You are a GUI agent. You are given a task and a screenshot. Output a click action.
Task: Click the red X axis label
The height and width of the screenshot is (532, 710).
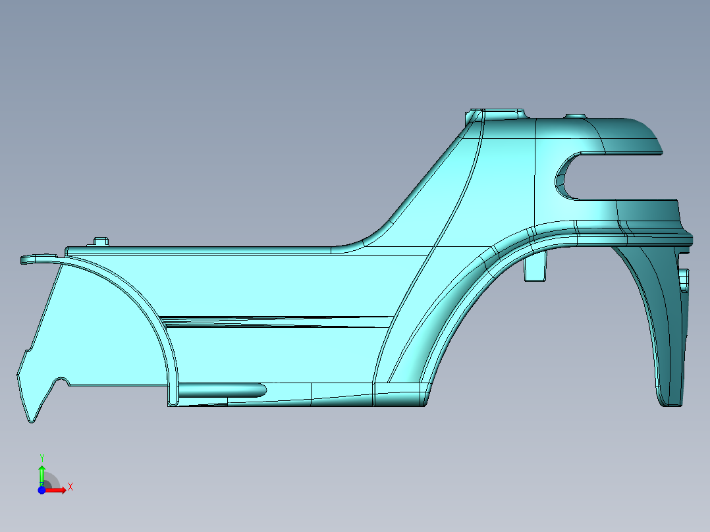pos(70,487)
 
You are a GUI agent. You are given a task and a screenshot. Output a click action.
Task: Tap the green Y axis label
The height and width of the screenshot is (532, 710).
pos(41,458)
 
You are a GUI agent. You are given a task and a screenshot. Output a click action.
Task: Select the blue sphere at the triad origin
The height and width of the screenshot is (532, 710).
pos(41,490)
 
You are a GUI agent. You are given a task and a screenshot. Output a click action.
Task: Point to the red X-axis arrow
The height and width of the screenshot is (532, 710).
pos(58,490)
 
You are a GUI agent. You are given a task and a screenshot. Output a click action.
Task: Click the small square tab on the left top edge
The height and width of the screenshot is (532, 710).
pos(101,242)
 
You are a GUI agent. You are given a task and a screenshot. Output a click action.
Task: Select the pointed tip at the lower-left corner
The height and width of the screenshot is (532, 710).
pos(30,417)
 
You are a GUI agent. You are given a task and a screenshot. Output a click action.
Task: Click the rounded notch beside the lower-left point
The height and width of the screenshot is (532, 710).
pos(61,381)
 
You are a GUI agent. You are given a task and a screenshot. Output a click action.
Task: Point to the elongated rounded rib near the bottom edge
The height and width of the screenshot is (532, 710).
pos(221,390)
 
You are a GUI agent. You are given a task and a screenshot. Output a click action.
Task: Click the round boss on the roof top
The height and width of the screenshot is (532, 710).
pos(576,116)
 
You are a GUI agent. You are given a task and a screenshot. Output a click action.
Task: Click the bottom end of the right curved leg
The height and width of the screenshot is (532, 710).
pos(671,400)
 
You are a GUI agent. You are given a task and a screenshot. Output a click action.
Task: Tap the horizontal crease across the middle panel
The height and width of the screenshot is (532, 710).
pos(277,321)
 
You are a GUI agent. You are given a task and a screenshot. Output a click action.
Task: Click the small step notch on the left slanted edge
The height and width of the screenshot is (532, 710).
pos(26,352)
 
